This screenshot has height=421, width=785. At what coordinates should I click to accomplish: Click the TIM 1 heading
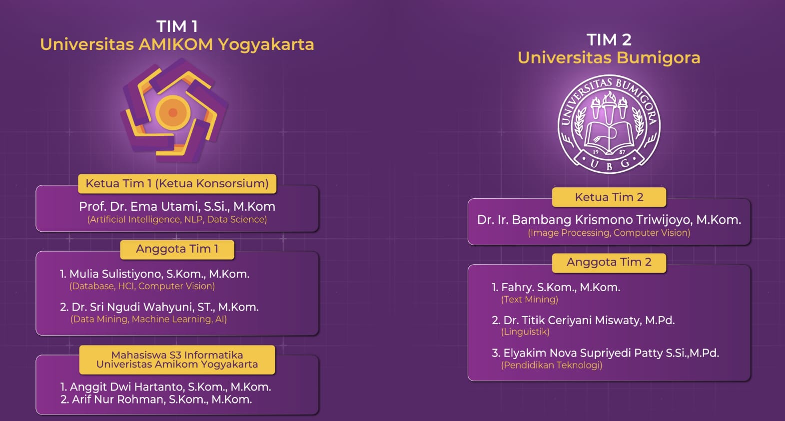tap(177, 26)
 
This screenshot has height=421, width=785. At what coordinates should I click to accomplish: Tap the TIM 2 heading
tap(609, 39)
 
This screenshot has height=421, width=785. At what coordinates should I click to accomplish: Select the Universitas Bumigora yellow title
tap(609, 58)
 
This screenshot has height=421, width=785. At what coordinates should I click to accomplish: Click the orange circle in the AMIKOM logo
tap(173, 112)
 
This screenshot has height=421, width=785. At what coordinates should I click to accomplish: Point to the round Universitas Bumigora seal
tap(609, 124)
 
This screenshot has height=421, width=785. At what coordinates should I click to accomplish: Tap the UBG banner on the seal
tap(610, 162)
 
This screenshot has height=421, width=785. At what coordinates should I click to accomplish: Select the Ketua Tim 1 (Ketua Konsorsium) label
tap(177, 183)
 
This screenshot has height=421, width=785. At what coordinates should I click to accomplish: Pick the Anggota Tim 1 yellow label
tap(177, 249)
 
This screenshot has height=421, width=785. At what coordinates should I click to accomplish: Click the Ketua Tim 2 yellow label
tap(609, 197)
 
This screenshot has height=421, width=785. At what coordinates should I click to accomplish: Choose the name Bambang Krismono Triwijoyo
tap(609, 220)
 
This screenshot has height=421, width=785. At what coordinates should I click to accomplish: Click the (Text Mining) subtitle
tap(530, 300)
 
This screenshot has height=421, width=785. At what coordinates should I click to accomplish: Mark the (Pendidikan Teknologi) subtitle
tap(552, 365)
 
